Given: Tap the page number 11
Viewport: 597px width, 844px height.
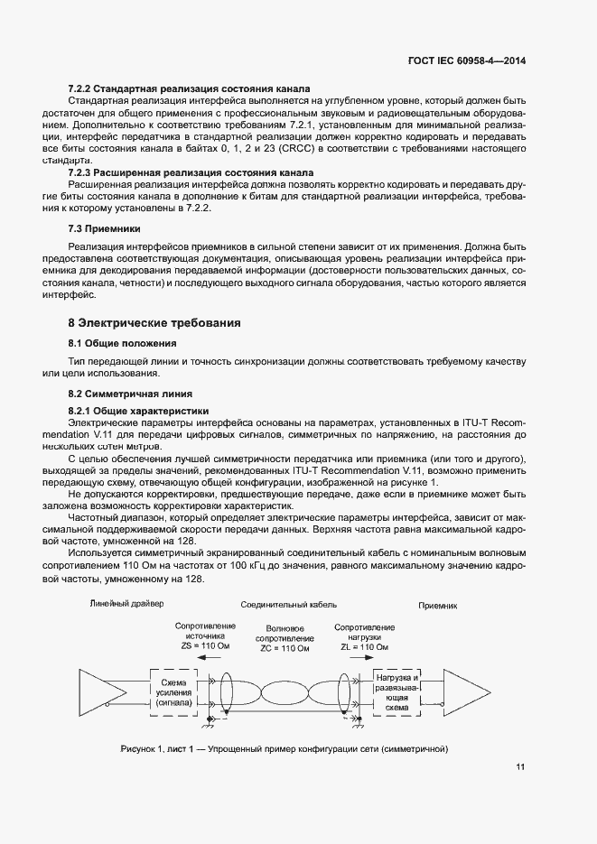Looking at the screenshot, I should point(520,767).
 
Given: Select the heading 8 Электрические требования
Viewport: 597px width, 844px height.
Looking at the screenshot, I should point(154,322).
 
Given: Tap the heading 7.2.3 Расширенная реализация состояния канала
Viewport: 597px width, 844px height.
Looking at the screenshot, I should point(191,172).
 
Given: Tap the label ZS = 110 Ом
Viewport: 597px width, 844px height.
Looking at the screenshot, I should point(205,647).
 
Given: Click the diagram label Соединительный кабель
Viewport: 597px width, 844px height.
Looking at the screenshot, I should point(281,605).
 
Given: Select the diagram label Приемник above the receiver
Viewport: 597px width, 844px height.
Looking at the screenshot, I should point(437,606).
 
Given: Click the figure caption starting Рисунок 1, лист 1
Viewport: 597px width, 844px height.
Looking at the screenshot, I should point(285,750).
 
